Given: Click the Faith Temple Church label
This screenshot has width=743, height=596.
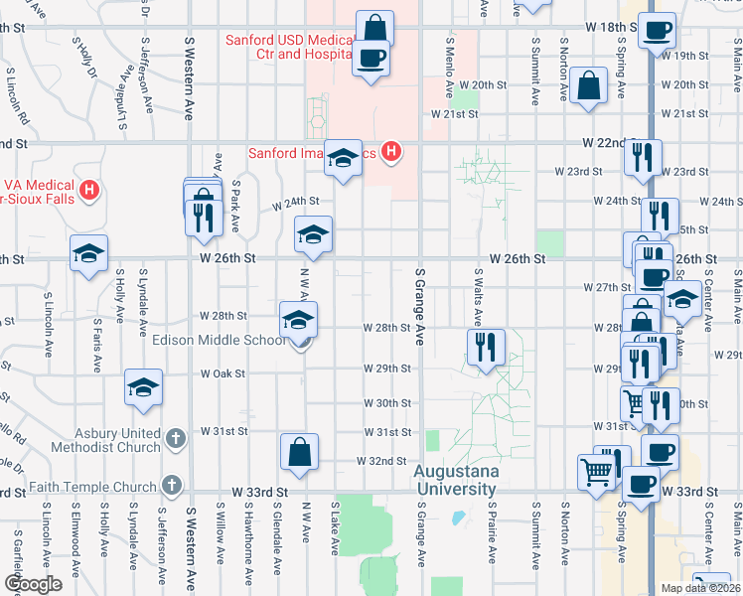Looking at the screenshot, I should click(x=93, y=487).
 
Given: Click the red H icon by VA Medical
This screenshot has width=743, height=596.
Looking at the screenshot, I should click(x=90, y=190).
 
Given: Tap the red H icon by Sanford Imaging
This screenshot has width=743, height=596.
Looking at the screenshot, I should click(x=392, y=152).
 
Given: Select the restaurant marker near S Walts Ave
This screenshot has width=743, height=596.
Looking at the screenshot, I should click(x=486, y=347).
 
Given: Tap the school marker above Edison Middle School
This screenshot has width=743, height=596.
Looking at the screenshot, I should click(x=298, y=320).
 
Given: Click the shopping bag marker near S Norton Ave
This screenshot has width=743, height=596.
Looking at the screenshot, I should click(x=589, y=86).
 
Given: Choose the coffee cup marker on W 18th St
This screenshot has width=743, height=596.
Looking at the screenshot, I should click(x=657, y=30).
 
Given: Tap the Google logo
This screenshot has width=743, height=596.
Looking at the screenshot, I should click(x=34, y=584).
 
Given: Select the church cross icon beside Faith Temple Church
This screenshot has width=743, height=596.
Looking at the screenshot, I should click(x=171, y=487).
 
